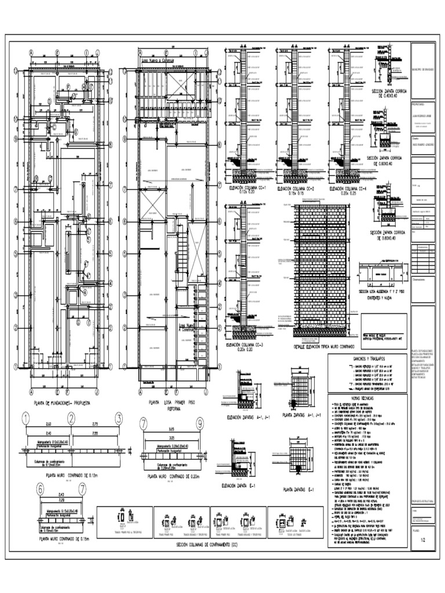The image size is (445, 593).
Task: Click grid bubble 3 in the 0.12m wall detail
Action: click(x=118, y=419)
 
